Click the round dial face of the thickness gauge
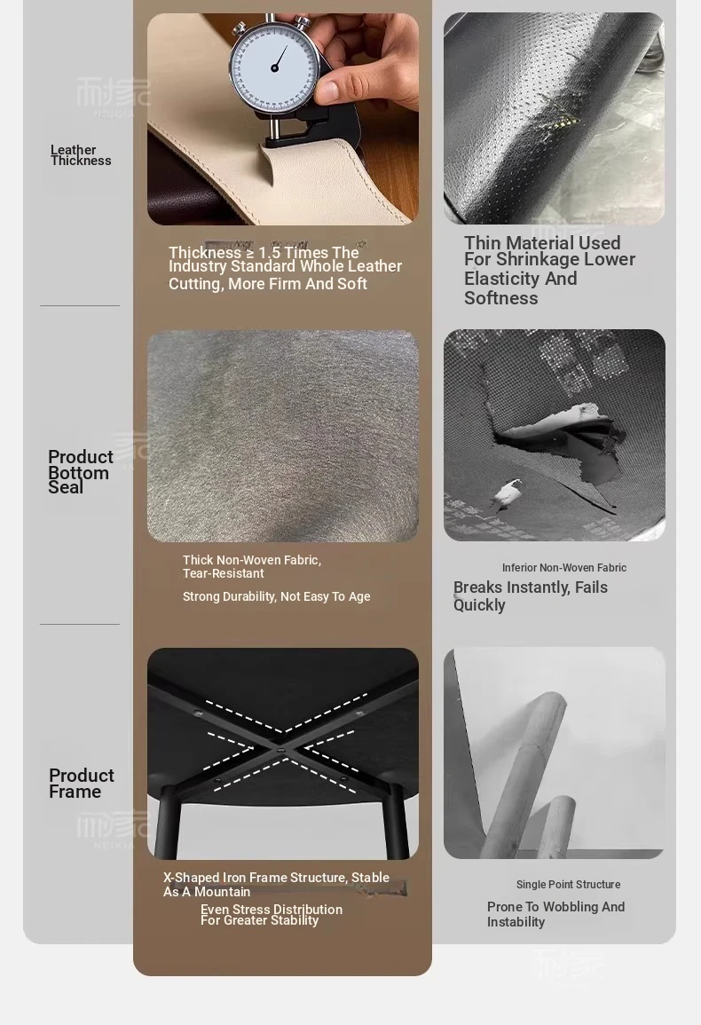(274, 68)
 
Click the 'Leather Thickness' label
(81, 155)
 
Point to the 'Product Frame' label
(81, 783)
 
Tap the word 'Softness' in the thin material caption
(500, 298)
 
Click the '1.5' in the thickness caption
(270, 253)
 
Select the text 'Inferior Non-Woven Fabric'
(564, 568)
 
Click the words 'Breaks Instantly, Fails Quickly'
(531, 596)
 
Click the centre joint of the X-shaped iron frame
(281, 752)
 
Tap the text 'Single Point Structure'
(568, 885)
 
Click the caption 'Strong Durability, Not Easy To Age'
(277, 596)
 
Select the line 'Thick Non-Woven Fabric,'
(252, 560)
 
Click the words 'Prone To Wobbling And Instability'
(555, 915)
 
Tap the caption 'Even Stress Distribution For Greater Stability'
(272, 915)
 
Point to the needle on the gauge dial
(280, 59)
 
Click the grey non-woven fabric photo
(282, 436)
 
